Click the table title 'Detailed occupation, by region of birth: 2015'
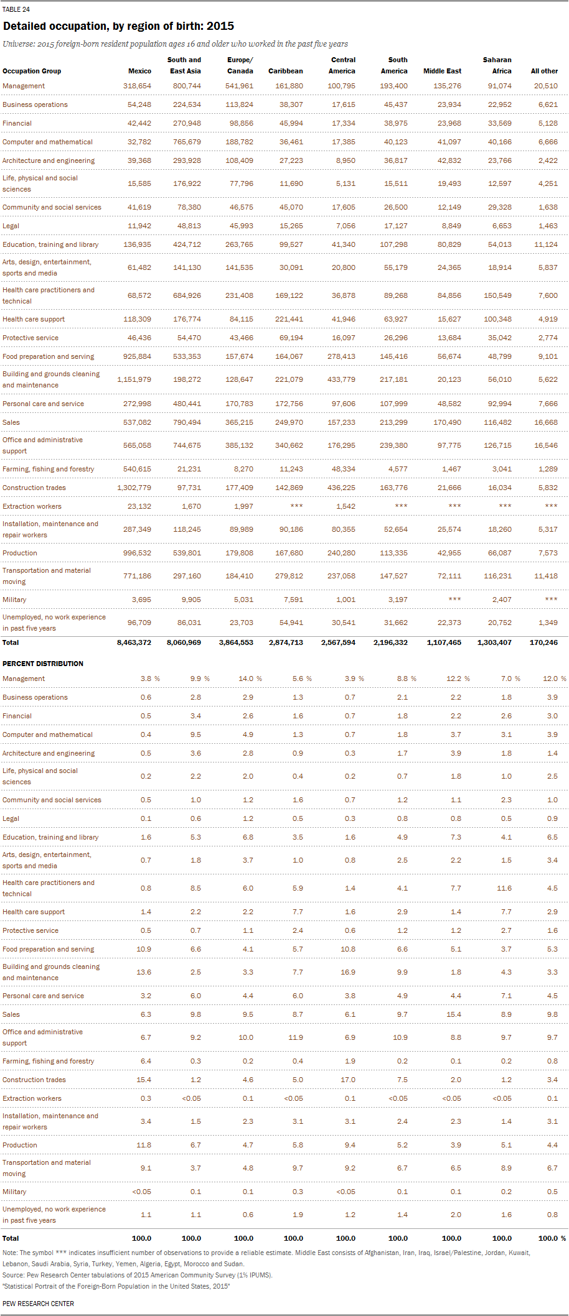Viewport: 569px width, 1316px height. (118, 26)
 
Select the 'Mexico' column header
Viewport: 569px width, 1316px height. (139, 71)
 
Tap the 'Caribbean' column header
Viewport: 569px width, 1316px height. (286, 71)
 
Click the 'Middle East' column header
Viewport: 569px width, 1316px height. (442, 71)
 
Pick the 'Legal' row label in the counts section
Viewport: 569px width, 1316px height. (11, 226)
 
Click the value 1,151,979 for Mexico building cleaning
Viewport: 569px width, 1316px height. (134, 379)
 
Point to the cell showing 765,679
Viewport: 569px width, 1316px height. (187, 142)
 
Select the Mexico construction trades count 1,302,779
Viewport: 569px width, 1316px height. (134, 488)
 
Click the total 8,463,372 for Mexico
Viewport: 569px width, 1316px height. (134, 642)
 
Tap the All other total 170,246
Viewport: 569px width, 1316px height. (543, 642)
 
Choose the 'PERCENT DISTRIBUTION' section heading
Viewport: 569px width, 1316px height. (43, 664)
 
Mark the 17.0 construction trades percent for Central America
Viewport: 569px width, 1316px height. (348, 1080)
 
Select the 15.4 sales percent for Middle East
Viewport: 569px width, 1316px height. (454, 1014)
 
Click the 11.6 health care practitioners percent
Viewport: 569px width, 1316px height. (504, 888)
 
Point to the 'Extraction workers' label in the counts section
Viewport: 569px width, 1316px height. (32, 506)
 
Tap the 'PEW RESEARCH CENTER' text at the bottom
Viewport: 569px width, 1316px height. (38, 1304)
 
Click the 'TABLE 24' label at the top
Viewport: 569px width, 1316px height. (16, 9)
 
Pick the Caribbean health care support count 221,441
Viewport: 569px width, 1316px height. (289, 319)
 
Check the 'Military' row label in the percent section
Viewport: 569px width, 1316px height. (14, 1192)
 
